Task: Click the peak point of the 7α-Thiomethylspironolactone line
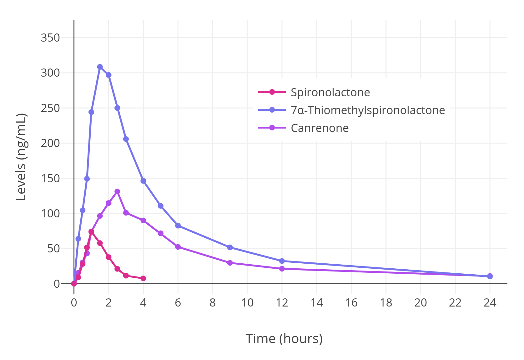[100, 67]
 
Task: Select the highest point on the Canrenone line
[117, 191]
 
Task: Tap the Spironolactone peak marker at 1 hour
[91, 232]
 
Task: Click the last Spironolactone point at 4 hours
[143, 278]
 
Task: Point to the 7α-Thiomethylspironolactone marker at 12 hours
[282, 261]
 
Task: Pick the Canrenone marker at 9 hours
[230, 263]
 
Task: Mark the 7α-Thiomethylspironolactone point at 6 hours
[178, 226]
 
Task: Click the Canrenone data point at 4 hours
[143, 221]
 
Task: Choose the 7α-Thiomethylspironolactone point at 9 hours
[230, 247]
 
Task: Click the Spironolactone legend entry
[330, 92]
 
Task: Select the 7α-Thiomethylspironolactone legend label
[368, 110]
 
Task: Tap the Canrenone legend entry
[320, 128]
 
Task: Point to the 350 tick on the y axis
[50, 38]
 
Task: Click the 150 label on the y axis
[50, 179]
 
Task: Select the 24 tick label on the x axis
[490, 303]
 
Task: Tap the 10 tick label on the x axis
[247, 303]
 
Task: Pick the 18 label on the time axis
[386, 303]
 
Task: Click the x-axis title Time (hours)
[284, 338]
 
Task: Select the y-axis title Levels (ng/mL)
[21, 157]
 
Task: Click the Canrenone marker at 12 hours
[282, 269]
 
